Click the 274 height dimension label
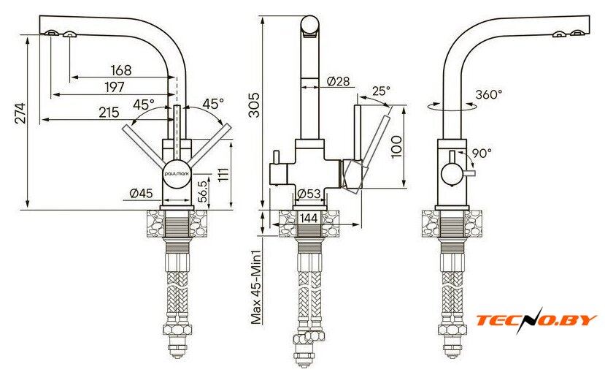20,113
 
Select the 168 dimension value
121,70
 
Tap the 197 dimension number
115,87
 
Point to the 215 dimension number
109,113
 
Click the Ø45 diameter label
142,193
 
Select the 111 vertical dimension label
223,174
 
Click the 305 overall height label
255,105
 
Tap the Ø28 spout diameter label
338,81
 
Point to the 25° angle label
381,91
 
